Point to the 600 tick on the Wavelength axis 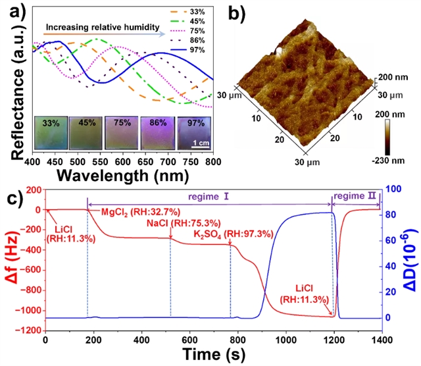point(123,161)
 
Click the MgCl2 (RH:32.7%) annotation point(138,212)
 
